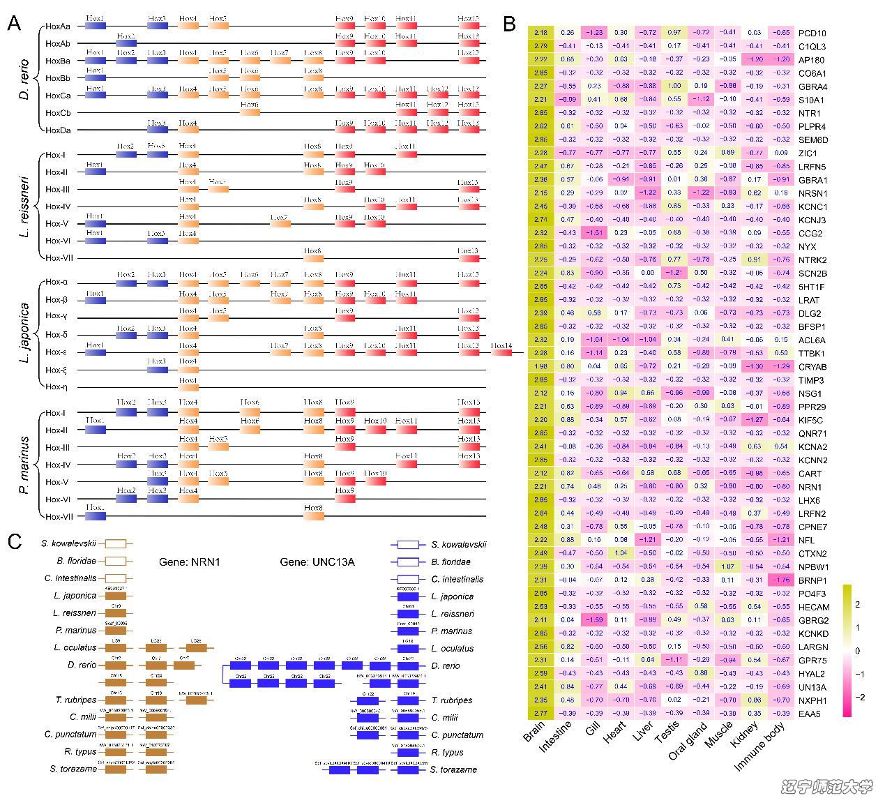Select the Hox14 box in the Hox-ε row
coord(501,353)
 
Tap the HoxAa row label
coord(57,27)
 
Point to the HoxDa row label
coord(57,130)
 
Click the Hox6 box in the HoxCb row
coord(250,112)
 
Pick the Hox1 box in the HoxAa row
coord(95,26)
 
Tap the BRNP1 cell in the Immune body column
coord(780,580)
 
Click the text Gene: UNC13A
coord(317,562)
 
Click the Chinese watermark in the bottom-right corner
coord(826,788)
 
